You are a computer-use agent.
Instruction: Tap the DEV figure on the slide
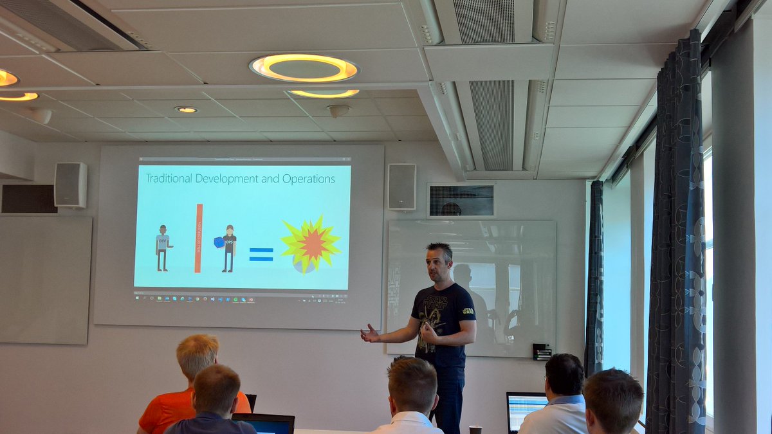tap(163, 248)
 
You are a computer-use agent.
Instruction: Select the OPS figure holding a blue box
tap(227, 248)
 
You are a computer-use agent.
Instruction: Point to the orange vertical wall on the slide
tap(198, 237)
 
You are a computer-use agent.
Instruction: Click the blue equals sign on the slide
tap(261, 254)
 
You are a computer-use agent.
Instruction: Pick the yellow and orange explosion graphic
tap(311, 243)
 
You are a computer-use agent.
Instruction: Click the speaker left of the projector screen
tap(70, 185)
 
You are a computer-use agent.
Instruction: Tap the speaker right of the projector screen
tap(401, 186)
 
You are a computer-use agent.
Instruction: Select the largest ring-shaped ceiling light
tap(304, 68)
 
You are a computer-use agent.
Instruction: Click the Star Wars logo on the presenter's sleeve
tap(468, 311)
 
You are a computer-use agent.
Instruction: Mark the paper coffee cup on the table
tap(475, 429)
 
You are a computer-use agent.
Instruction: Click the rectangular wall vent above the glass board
tap(461, 201)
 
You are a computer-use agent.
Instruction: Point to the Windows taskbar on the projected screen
tap(241, 299)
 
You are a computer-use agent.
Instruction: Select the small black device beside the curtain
tap(542, 351)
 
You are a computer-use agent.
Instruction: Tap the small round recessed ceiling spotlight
tap(186, 110)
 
